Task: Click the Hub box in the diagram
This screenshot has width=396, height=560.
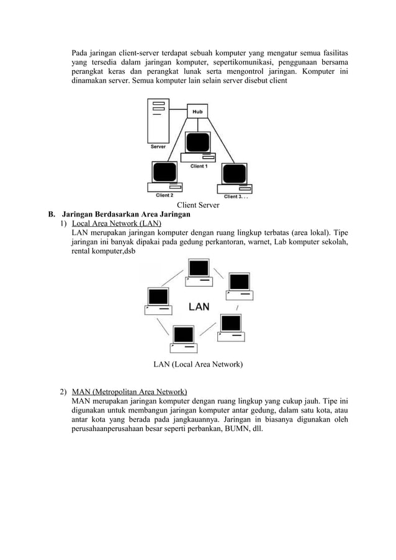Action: pyautogui.click(x=197, y=112)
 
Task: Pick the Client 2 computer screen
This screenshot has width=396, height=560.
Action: pyautogui.click(x=163, y=174)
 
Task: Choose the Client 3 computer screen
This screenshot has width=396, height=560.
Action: pyautogui.click(x=232, y=174)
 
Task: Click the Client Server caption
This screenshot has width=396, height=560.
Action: pyautogui.click(x=199, y=205)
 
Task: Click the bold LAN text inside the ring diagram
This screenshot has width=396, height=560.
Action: pyautogui.click(x=199, y=306)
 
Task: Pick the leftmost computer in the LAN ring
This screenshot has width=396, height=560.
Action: pyautogui.click(x=158, y=300)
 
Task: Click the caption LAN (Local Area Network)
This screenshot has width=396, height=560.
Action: pyautogui.click(x=199, y=364)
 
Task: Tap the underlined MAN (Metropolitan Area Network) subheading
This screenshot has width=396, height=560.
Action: pyautogui.click(x=130, y=392)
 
